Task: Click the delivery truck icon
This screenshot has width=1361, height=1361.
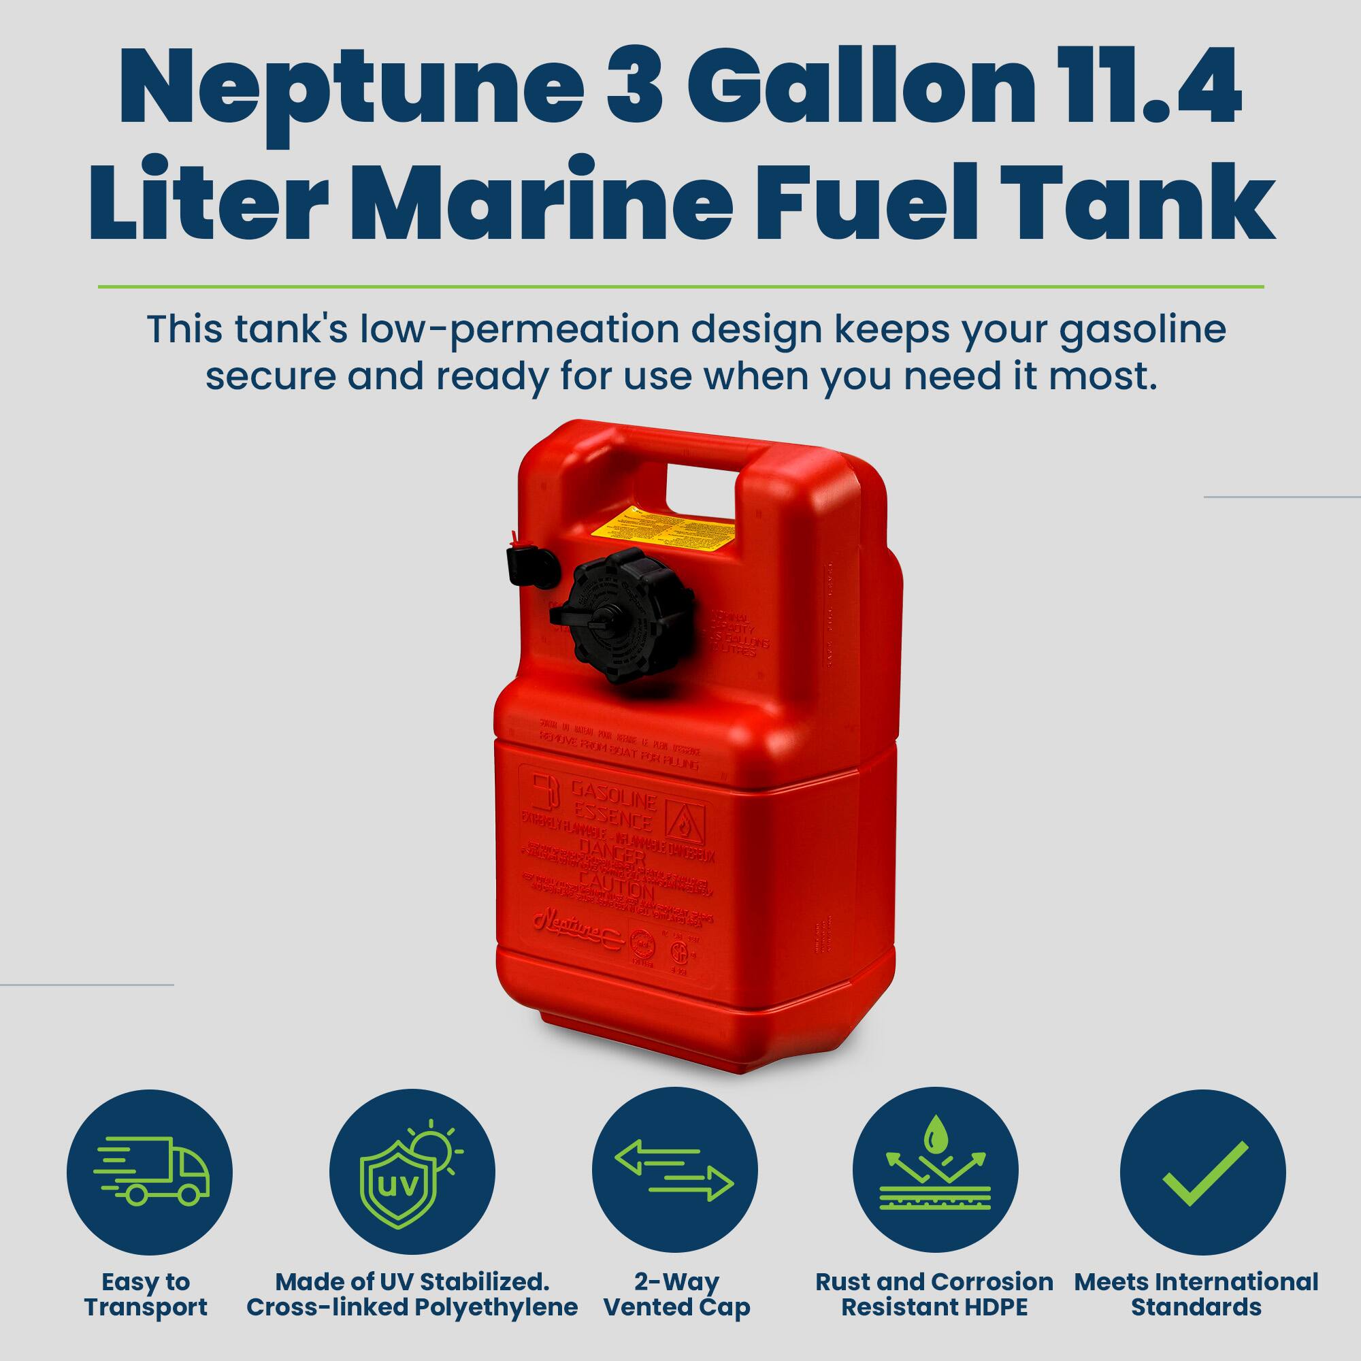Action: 149,1173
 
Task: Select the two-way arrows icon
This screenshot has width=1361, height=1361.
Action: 674,1173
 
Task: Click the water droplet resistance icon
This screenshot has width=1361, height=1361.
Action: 935,1173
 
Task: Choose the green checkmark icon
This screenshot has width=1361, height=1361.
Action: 1202,1173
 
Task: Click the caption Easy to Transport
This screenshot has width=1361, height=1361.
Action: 146,1294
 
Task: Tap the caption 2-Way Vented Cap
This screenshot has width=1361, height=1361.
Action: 677,1294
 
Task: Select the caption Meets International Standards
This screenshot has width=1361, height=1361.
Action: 1196,1294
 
